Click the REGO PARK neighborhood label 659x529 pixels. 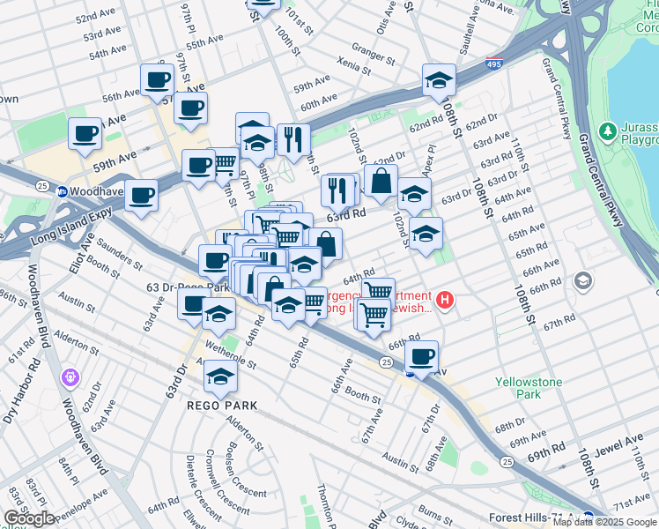tap(221, 406)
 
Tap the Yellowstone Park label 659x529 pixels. tap(529, 389)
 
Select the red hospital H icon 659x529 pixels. tap(446, 302)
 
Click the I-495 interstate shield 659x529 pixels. tap(494, 64)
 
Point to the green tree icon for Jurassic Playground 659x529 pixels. tap(606, 132)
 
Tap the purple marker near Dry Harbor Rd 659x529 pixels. tap(70, 377)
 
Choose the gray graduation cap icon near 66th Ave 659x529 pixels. tap(581, 281)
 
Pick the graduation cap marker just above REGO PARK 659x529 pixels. tap(220, 376)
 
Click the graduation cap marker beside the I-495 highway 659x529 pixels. tap(439, 80)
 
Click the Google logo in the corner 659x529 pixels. tap(29, 518)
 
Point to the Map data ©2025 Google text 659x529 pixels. tap(604, 522)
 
